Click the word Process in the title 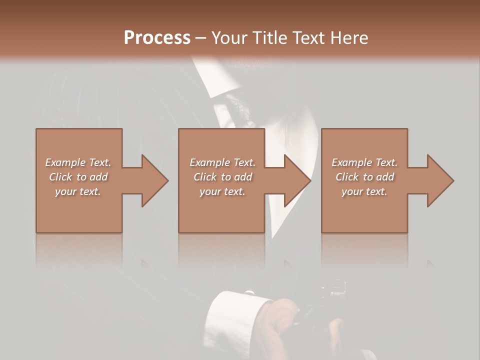point(157,38)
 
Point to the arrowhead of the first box point(154,180)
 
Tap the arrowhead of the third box point(440,180)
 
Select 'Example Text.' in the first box point(78,162)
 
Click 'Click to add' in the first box point(78,177)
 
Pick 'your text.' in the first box point(78,191)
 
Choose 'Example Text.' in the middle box point(222,162)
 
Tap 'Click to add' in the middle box point(222,177)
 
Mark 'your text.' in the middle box point(222,191)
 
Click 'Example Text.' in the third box point(364,162)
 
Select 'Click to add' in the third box point(364,177)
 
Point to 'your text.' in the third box point(364,191)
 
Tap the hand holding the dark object point(280,320)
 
